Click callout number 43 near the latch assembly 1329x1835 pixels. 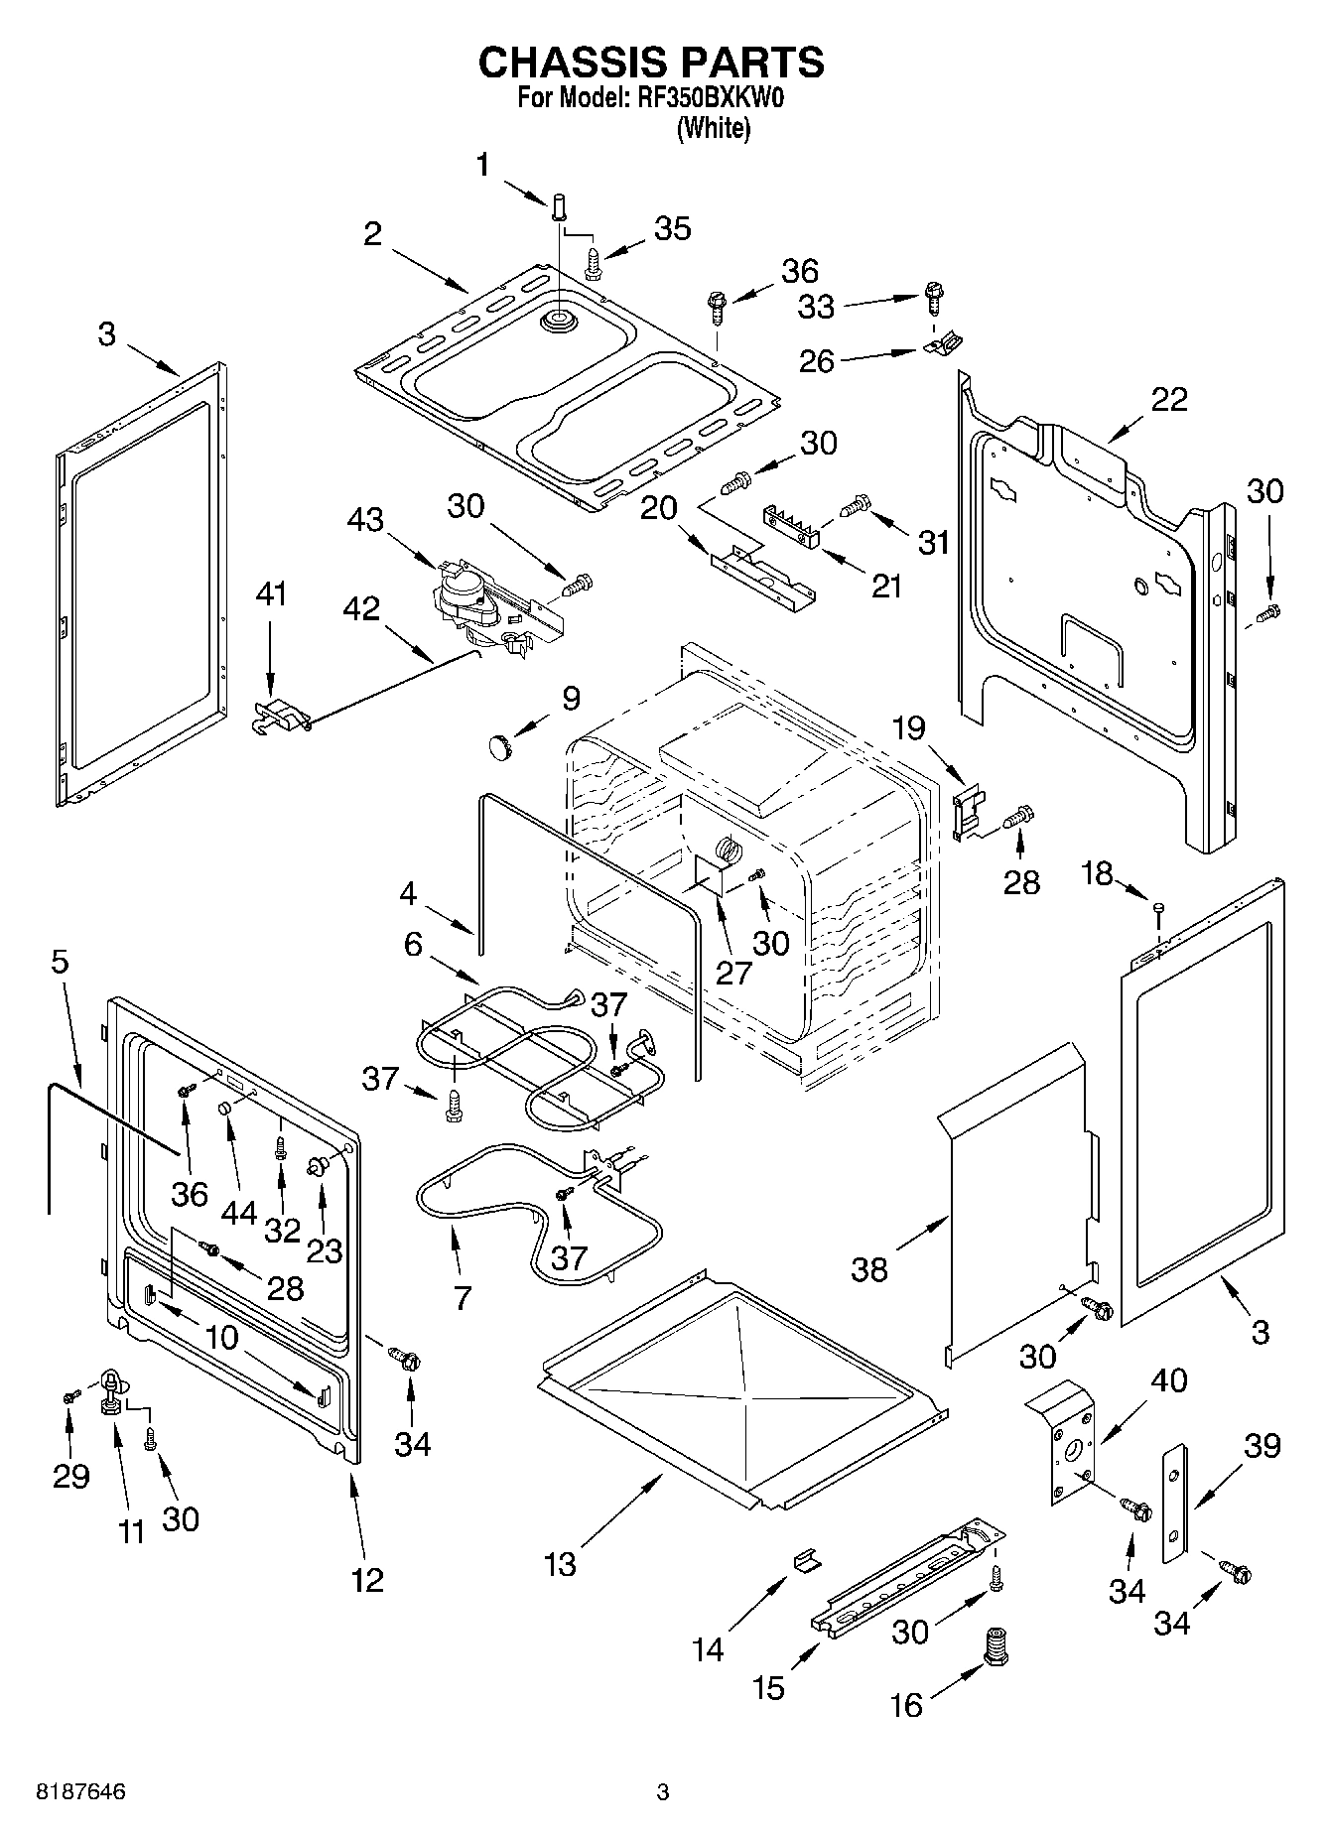(x=365, y=519)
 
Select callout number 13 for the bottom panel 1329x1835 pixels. (x=560, y=1565)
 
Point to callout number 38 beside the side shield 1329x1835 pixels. (x=869, y=1269)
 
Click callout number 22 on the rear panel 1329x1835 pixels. (x=1169, y=399)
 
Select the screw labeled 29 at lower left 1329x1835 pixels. (x=68, y=1396)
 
